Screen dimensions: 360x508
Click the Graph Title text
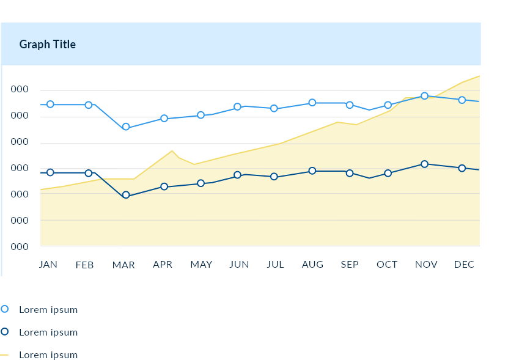coord(48,45)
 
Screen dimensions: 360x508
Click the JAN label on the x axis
coord(48,265)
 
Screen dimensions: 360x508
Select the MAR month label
coord(123,265)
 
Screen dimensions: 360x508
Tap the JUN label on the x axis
coord(239,265)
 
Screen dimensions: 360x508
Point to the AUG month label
coord(312,265)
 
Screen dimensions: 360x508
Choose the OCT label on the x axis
coord(387,265)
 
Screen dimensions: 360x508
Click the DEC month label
coord(465,265)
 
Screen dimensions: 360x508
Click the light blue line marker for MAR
coord(126,127)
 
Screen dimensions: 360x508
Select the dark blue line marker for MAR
coord(126,196)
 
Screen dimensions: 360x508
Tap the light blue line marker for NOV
coord(424,96)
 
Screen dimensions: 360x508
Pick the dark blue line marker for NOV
coord(424,164)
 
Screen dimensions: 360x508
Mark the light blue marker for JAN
coord(50,105)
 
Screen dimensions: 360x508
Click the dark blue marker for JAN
coord(50,173)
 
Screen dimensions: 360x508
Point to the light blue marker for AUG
coord(312,103)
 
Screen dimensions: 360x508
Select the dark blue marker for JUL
coord(274,177)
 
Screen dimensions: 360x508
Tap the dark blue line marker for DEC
coord(462,168)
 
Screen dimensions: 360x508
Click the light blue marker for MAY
coord(201,115)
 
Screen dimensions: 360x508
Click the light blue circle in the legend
coord(5,309)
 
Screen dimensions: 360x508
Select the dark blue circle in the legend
coord(5,332)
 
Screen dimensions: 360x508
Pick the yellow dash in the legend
coord(5,354)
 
